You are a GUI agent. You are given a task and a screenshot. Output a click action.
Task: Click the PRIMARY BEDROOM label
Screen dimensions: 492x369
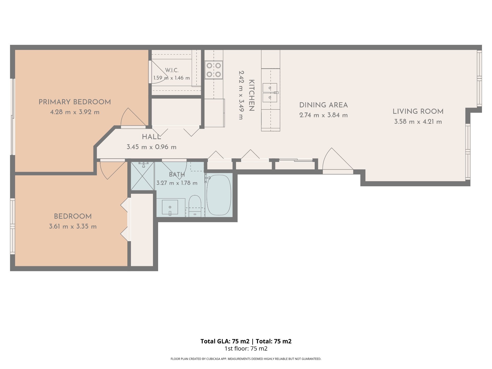[75, 102]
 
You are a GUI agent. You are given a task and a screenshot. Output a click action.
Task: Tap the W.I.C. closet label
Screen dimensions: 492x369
[172, 70]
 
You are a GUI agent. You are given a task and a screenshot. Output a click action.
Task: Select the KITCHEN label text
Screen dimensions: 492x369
[251, 95]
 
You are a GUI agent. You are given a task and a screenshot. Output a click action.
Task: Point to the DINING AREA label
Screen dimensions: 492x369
[323, 105]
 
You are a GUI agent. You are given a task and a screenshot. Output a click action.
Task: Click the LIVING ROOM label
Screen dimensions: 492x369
[418, 111]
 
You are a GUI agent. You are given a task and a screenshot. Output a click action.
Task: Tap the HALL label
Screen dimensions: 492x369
[151, 137]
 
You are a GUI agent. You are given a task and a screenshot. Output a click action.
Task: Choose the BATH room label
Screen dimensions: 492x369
[177, 175]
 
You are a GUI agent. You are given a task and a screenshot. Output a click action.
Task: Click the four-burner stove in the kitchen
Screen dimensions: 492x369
[214, 70]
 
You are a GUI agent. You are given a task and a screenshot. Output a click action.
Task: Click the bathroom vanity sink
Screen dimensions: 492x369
[170, 207]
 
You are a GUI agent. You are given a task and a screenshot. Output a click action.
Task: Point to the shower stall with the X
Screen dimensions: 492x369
[142, 176]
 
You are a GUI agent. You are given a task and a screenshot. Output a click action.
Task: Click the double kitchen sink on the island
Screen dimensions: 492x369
[270, 93]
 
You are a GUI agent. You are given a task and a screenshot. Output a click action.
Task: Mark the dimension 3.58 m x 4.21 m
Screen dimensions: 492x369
[418, 122]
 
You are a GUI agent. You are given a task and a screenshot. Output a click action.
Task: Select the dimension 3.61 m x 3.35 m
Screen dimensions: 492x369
[73, 227]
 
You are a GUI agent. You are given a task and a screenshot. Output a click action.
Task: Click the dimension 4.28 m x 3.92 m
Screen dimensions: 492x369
[75, 112]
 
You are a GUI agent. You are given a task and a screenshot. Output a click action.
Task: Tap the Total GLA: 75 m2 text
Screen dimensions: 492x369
[225, 341]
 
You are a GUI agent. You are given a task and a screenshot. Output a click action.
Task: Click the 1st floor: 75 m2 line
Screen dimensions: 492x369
[246, 348]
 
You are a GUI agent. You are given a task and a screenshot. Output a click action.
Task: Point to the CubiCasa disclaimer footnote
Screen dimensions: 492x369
[246, 359]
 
